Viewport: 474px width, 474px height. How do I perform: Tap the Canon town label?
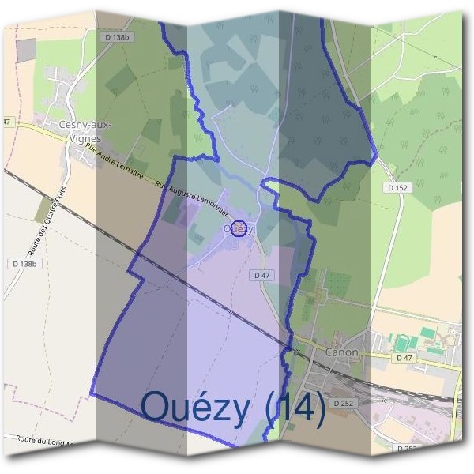341,352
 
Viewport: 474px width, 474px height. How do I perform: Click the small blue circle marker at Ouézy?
239,228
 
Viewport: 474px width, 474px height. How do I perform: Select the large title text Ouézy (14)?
233,408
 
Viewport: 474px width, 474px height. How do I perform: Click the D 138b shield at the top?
116,36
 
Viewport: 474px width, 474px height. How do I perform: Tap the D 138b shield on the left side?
24,263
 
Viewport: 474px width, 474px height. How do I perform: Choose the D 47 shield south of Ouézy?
262,275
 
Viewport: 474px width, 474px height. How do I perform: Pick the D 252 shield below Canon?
342,403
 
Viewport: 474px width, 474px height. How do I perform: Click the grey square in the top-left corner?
25,49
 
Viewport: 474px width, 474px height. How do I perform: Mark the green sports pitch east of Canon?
403,342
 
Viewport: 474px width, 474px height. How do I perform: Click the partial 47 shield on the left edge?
6,122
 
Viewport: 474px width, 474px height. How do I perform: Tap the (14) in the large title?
295,408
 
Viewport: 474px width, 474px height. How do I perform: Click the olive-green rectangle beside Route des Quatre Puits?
44,209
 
